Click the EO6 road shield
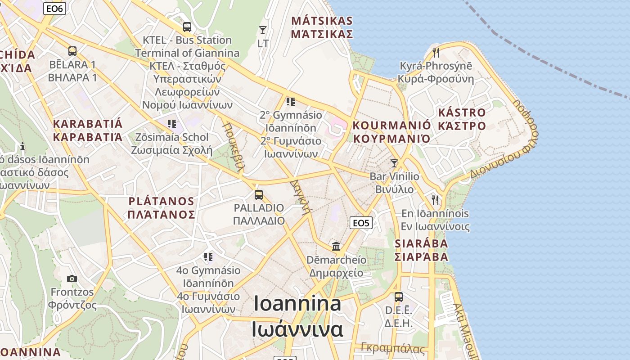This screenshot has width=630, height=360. point(55,8)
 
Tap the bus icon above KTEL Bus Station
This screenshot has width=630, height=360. point(187,27)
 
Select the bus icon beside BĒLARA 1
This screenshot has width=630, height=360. point(72,51)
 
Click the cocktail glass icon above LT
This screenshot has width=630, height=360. point(263,30)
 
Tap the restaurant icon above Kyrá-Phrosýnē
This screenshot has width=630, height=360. point(436,53)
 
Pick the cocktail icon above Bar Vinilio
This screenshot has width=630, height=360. point(394,163)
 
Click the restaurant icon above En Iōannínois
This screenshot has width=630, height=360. point(435,200)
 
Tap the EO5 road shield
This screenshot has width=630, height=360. point(361,223)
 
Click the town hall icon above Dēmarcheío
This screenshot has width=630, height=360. point(336,246)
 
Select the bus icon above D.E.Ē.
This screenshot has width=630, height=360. point(399,297)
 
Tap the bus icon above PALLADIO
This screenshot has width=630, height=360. point(259,194)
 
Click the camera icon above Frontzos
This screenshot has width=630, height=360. point(72,279)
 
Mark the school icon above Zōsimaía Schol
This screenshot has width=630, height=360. point(171,123)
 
